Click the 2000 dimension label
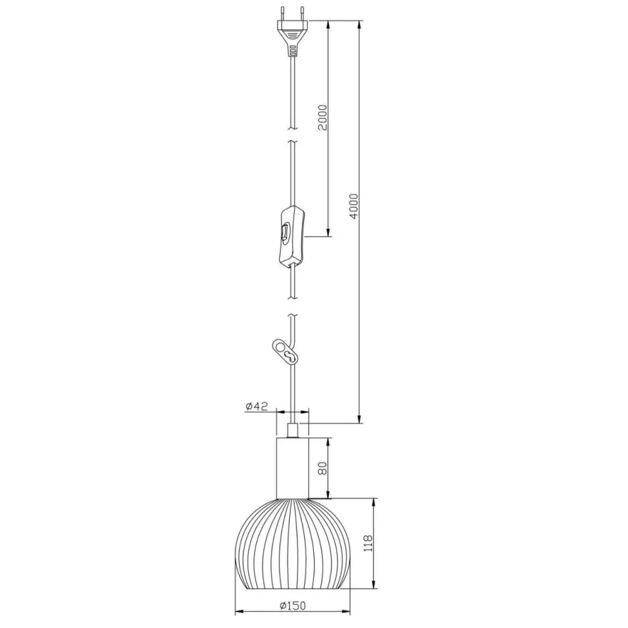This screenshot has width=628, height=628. [323, 117]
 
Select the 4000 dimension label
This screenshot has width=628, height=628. [353, 206]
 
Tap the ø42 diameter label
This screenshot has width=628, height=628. [256, 406]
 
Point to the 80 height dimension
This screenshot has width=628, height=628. [323, 468]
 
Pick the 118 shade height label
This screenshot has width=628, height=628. [368, 543]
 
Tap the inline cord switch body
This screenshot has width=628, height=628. [292, 236]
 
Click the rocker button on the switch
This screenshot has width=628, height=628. [285, 233]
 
